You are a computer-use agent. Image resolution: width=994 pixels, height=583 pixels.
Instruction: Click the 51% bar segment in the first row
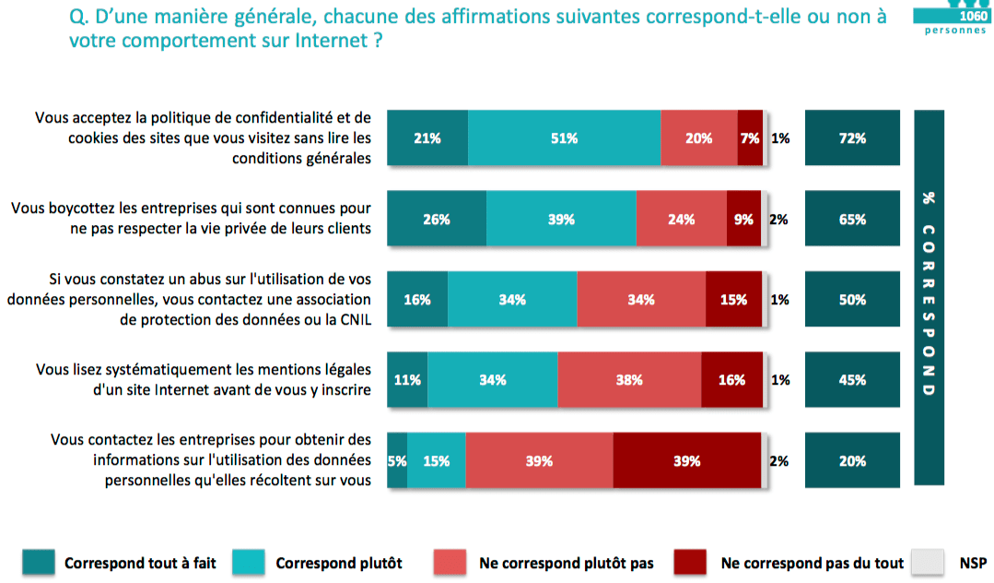(564, 138)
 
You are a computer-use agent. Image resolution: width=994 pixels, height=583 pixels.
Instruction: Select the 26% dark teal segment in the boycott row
(437, 220)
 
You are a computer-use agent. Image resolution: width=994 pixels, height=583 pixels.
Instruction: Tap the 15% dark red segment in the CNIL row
(733, 299)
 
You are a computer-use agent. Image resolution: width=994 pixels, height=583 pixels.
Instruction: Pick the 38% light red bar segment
(629, 379)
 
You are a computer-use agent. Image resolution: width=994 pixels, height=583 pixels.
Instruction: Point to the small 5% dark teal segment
(397, 460)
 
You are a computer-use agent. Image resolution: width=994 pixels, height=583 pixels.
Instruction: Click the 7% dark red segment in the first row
(750, 138)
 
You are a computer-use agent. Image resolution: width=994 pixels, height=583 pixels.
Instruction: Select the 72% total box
(852, 138)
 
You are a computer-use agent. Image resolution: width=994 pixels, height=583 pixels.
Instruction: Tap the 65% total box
(852, 220)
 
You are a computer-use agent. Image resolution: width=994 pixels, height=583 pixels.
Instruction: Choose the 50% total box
(852, 299)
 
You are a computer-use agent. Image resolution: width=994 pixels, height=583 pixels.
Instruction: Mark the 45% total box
(852, 379)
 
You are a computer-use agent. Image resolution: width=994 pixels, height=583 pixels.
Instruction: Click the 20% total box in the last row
(852, 460)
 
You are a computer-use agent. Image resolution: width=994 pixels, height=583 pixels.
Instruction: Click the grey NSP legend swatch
(927, 562)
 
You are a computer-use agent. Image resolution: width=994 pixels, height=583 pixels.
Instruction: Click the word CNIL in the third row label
(353, 319)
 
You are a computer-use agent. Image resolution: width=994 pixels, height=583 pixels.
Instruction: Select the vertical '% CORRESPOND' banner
(928, 296)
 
